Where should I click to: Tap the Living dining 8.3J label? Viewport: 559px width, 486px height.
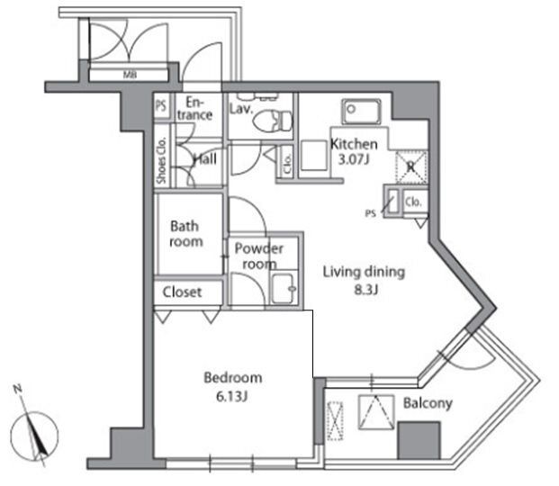point(365,279)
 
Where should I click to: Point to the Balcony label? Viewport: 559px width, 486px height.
point(427,404)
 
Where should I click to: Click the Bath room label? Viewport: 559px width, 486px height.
point(186,235)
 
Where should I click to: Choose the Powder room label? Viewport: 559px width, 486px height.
point(259,256)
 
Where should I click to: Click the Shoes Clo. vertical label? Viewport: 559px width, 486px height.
point(161,161)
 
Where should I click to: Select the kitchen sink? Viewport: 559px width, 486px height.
point(364,112)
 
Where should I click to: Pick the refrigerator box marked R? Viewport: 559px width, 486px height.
point(410,166)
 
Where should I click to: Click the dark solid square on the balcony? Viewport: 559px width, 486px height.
point(419,441)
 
